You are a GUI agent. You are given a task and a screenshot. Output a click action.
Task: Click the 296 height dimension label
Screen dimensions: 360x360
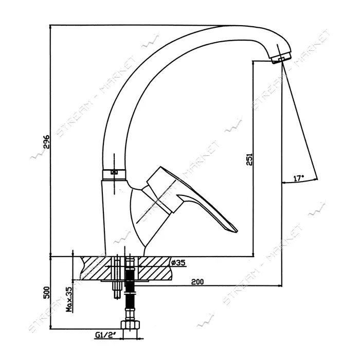coord(46,142)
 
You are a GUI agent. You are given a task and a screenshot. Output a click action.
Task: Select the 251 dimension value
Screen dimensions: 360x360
coord(249,159)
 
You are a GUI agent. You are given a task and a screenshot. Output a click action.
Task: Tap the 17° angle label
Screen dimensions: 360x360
coord(298,178)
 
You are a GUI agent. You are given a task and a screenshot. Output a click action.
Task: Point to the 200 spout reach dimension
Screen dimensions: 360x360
coord(197,281)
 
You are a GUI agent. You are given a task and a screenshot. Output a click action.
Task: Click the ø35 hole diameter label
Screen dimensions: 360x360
coord(178,262)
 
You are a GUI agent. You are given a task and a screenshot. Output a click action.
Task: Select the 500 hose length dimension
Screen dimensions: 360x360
coord(46,293)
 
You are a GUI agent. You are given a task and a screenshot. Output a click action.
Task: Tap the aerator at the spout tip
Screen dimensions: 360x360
coord(281,58)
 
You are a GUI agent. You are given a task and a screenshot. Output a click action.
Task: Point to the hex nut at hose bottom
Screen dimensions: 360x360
coord(131,325)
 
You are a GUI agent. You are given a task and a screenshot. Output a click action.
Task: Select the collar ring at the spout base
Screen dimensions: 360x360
coord(114,175)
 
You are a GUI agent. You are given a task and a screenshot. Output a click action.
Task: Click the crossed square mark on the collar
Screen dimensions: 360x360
coord(114,172)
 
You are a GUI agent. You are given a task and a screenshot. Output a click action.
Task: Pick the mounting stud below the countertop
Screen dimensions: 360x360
coord(117,289)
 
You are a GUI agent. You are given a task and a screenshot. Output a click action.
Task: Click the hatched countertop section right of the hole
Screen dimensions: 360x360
coord(154,268)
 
